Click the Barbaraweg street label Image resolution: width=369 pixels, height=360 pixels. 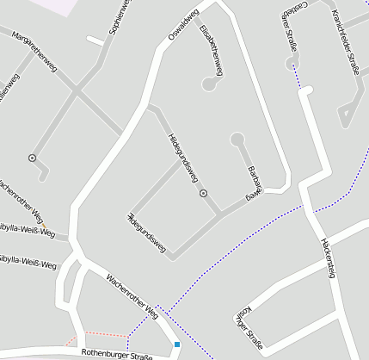[x=253, y=182]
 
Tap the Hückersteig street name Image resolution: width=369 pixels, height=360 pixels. [x=326, y=256]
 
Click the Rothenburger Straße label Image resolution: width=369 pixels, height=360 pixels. [x=116, y=353]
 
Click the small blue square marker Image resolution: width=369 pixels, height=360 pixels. [x=177, y=344]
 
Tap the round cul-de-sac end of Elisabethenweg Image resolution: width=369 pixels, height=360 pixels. [x=208, y=84]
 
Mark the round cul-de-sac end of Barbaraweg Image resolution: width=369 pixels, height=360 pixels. [x=237, y=139]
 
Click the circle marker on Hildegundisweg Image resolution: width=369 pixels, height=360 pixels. [x=203, y=194]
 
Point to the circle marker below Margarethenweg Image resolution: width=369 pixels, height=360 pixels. [x=32, y=158]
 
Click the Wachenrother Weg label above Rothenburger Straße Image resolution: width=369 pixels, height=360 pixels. [x=132, y=295]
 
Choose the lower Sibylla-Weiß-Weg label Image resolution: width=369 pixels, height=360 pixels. [x=28, y=261]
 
